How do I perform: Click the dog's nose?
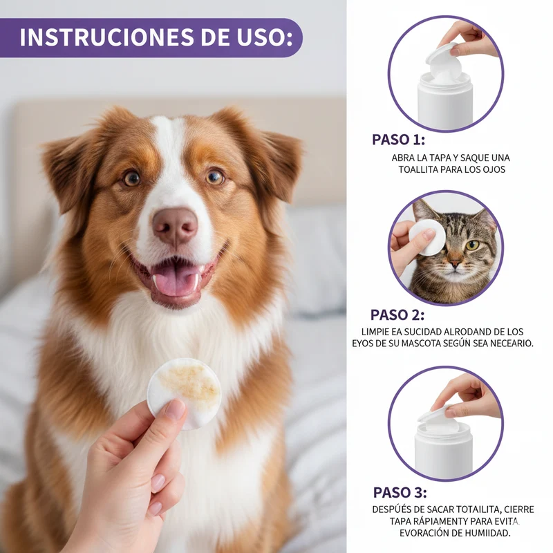point(176,226)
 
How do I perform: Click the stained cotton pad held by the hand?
point(184,393)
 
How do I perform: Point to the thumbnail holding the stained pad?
point(176,409)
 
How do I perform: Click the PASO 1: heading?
point(399,140)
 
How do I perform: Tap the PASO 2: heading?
point(397,315)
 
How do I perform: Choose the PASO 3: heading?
point(400,493)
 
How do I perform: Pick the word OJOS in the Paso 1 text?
point(495,169)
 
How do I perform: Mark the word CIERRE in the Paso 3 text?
point(519,509)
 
